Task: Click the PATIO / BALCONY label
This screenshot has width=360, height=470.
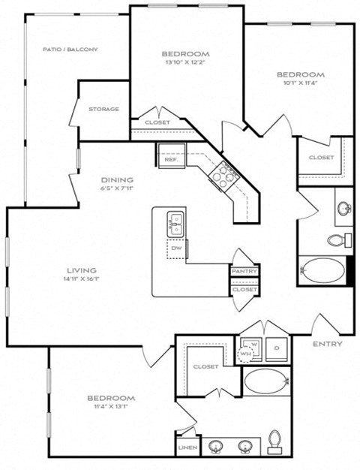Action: [x=70, y=50]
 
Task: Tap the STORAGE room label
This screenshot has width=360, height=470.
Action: [x=103, y=110]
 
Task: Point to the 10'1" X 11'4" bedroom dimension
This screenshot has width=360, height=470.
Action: [x=300, y=85]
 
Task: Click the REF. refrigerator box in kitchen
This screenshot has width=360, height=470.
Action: [x=170, y=158]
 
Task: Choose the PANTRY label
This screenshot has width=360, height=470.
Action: [x=244, y=272]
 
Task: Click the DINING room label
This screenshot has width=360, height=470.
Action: [x=118, y=180]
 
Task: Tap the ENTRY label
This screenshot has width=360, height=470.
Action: [x=328, y=344]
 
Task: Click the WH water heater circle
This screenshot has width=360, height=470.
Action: [x=246, y=354]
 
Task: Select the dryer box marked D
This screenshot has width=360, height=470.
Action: [x=276, y=348]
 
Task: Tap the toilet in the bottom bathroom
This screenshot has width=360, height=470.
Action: [x=274, y=440]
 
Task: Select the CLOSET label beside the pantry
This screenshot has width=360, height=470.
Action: [x=244, y=289]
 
